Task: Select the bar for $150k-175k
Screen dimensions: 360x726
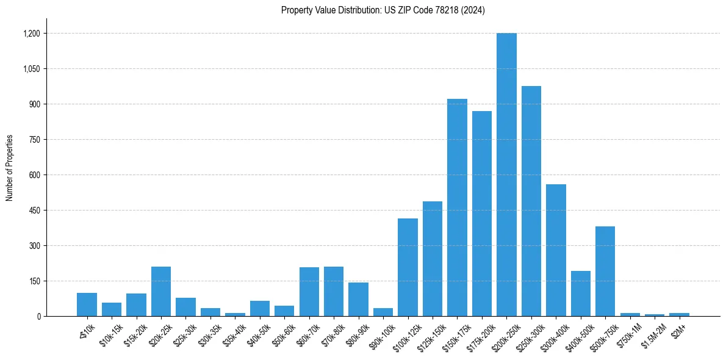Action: tap(457, 207)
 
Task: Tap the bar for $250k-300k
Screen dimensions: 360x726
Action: tap(531, 201)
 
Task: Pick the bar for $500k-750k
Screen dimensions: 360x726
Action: tap(605, 272)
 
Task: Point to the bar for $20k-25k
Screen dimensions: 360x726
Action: tap(161, 292)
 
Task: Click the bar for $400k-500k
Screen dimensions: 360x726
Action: tap(580, 293)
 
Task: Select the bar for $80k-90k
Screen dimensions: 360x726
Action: tap(358, 300)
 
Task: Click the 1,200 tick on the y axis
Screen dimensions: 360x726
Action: tap(31, 34)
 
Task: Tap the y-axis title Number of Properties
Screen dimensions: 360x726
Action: tap(10, 168)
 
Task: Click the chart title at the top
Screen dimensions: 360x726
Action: tap(383, 10)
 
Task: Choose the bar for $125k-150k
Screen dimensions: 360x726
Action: tap(432, 259)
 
